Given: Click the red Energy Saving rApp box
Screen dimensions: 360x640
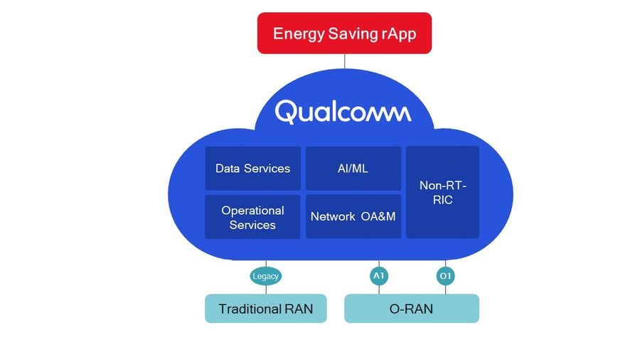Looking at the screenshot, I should pyautogui.click(x=344, y=33).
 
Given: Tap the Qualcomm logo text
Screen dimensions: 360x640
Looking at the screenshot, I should pyautogui.click(x=343, y=112).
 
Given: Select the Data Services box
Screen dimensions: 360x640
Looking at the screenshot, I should pyautogui.click(x=252, y=169).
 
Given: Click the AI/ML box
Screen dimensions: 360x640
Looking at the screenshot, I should pyautogui.click(x=353, y=169).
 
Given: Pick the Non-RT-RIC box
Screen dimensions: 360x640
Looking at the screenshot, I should pyautogui.click(x=442, y=192).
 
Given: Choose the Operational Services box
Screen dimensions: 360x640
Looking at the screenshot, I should pyautogui.click(x=252, y=217).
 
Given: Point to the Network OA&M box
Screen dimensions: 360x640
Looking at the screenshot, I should pyautogui.click(x=353, y=216).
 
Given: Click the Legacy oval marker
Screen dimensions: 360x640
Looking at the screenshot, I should pyautogui.click(x=266, y=276).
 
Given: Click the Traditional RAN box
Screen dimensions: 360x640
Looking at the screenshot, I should pyautogui.click(x=265, y=309).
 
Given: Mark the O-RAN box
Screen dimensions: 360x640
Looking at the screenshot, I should pyautogui.click(x=411, y=309).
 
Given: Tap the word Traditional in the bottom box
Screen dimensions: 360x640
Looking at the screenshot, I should pyautogui.click(x=249, y=309).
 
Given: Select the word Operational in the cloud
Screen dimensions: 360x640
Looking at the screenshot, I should pyautogui.click(x=252, y=211).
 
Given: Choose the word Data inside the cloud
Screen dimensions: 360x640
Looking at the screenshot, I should pyautogui.click(x=228, y=169).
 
